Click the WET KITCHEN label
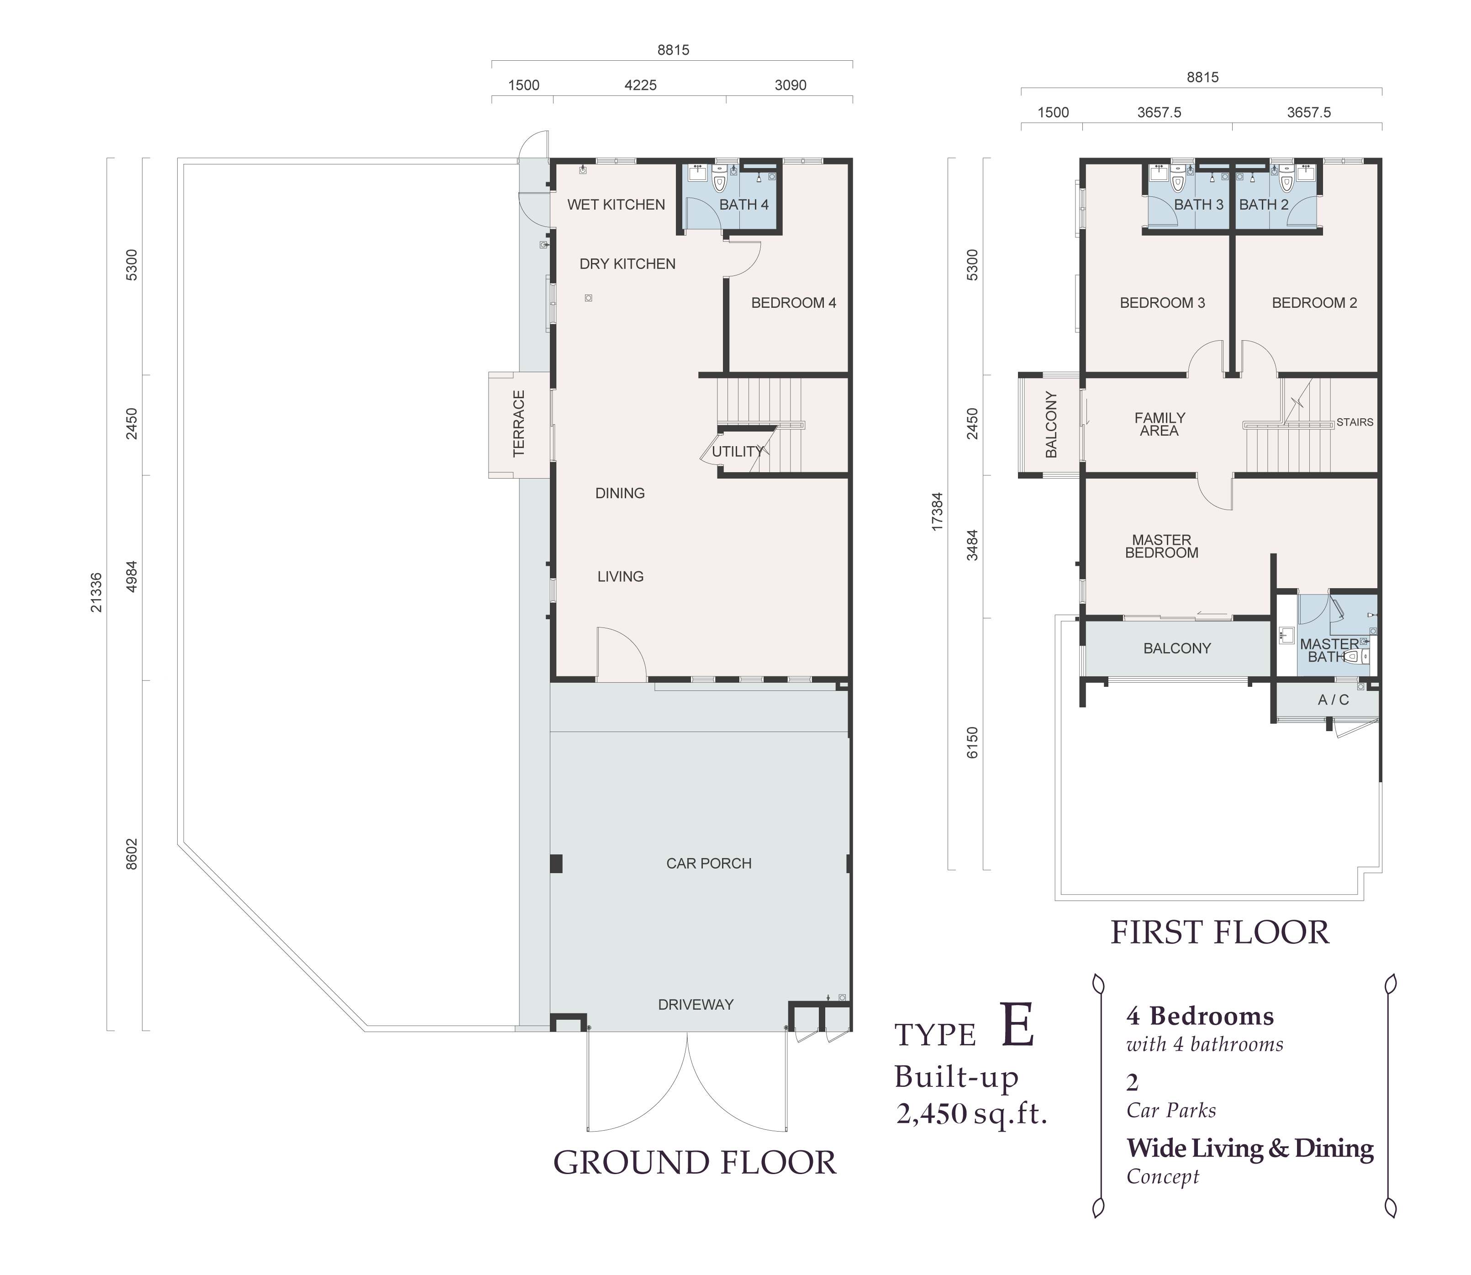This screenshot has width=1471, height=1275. pyautogui.click(x=616, y=205)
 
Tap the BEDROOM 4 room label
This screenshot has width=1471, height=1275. pyautogui.click(x=794, y=303)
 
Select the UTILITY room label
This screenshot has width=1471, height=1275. pyautogui.click(x=737, y=451)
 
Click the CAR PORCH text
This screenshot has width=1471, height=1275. pyautogui.click(x=709, y=863)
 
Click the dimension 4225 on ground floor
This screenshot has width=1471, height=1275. pyautogui.click(x=640, y=85)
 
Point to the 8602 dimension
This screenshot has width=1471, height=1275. pyautogui.click(x=132, y=853)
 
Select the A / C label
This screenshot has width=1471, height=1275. pyautogui.click(x=1333, y=700)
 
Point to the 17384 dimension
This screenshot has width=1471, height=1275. pyautogui.click(x=937, y=511)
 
